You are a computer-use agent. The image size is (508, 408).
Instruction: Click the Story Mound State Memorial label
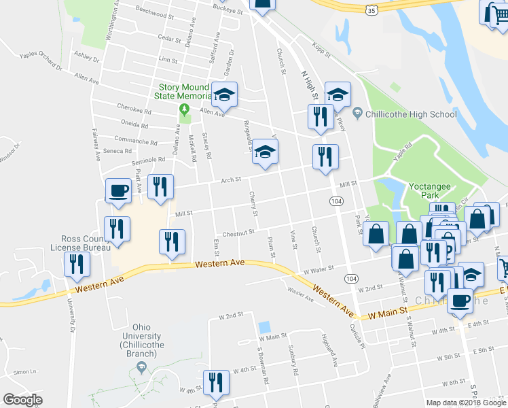pyautogui.click(x=185, y=91)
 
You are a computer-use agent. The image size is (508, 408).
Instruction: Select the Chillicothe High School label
pyautogui.click(x=410, y=114)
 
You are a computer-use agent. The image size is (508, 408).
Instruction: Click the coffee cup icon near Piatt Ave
pyautogui.click(x=118, y=190)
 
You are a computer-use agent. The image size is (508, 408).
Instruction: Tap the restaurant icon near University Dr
pyautogui.click(x=77, y=263)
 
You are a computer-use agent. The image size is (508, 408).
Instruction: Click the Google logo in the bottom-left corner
pyautogui.click(x=23, y=400)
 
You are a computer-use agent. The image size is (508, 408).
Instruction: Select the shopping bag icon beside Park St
pyautogui.click(x=376, y=234)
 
